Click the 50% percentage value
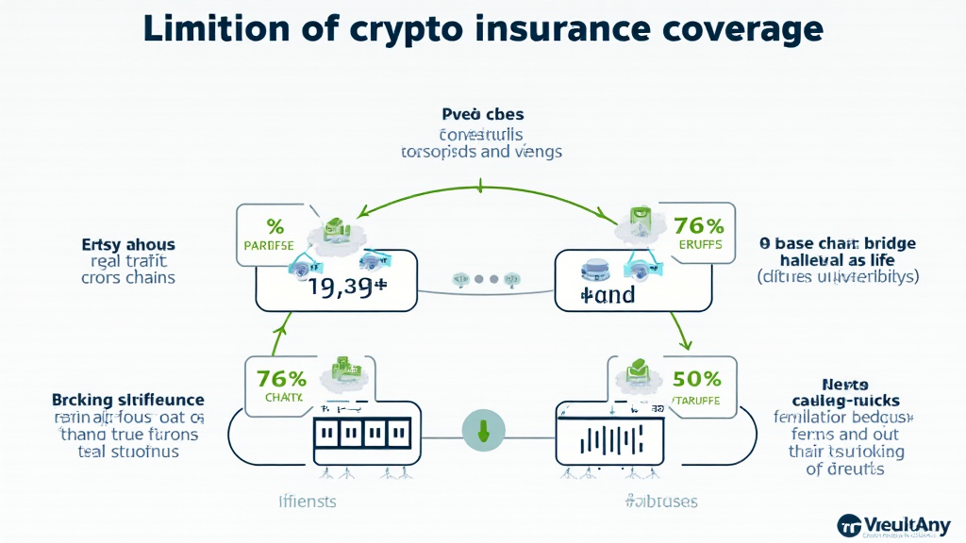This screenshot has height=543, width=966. (x=698, y=379)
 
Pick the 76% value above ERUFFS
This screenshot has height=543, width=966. (x=698, y=225)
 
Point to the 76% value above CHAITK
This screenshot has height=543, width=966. (x=281, y=379)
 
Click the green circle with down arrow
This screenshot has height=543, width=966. (x=483, y=431)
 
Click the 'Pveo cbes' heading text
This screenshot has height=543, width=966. (x=482, y=115)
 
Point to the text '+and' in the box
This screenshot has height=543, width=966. (x=608, y=295)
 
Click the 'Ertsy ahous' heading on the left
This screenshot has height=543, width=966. (x=127, y=245)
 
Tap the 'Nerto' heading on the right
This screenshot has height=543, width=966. (x=845, y=384)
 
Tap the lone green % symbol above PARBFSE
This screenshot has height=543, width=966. (x=275, y=226)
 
